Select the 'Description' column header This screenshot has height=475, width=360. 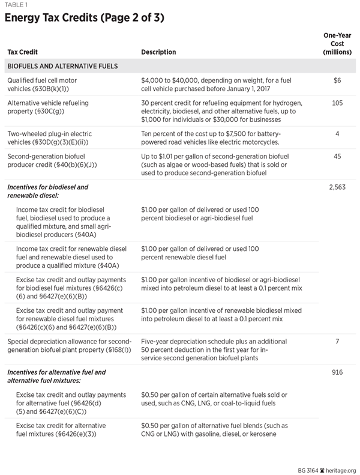coord(158,52)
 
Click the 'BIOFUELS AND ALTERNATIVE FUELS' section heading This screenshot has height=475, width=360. coord(62,66)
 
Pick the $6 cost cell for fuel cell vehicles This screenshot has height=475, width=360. coord(337,80)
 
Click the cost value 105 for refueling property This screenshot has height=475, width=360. coord(337,103)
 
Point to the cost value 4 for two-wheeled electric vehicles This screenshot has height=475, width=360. coord(337,133)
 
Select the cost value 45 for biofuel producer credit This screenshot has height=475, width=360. coord(337,156)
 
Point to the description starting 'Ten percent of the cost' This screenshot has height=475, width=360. coord(210,138)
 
